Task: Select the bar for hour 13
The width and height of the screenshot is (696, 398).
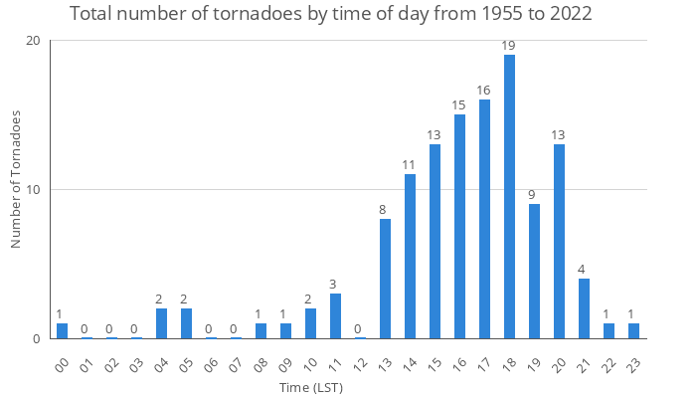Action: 385,279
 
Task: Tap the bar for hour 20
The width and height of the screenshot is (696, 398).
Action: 559,242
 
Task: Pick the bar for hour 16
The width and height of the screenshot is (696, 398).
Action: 459,227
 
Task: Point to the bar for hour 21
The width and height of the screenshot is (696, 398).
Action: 584,308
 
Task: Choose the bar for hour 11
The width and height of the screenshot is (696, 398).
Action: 335,316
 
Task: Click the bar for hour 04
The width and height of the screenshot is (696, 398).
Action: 161,323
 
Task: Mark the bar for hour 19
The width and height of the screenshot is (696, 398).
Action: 534,272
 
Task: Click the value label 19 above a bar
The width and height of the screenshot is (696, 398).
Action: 509,46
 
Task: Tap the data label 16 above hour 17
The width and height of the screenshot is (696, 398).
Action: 484,91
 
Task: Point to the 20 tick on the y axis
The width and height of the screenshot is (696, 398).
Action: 34,41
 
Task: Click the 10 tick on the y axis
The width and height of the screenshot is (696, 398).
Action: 34,190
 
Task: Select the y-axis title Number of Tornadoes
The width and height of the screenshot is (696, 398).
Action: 16,180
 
